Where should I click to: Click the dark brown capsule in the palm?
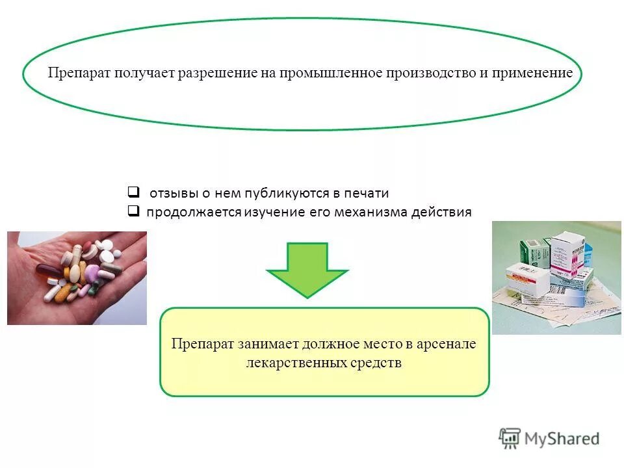pos(48,270)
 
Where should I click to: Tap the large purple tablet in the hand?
pos(93,272)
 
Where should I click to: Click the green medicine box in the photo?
pos(534,252)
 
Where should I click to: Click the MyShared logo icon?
pos(510,437)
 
